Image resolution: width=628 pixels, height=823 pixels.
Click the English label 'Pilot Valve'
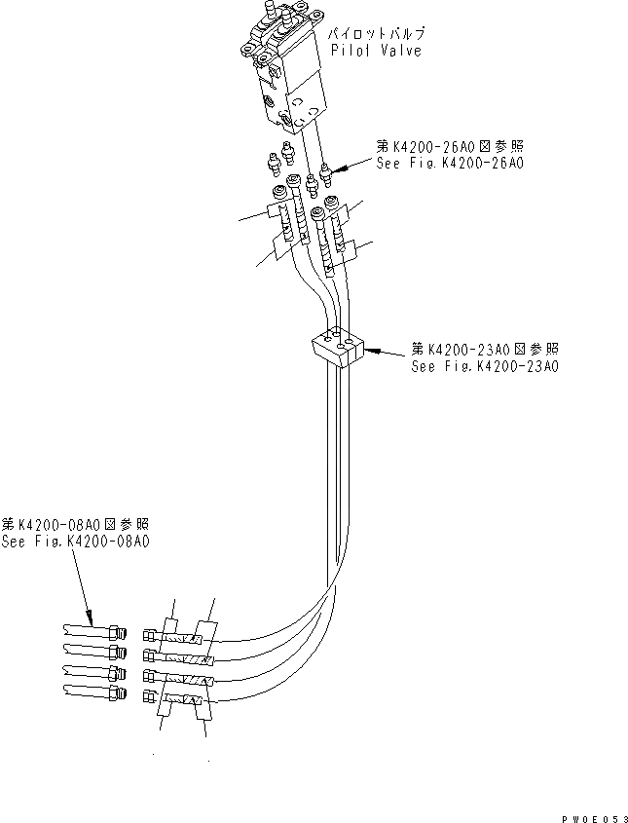point(376,51)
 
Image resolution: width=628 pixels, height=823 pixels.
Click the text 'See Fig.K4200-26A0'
point(449,164)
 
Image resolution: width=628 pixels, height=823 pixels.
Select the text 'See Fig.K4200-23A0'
point(484,366)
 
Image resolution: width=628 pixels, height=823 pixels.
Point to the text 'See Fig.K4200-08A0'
point(75,542)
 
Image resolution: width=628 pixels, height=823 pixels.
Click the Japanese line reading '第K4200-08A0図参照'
point(75,524)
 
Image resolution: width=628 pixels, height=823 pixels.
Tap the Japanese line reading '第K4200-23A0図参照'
point(484,349)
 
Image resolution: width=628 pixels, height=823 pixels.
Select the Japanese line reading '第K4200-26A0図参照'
point(449,146)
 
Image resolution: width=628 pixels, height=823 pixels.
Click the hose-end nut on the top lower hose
point(149,634)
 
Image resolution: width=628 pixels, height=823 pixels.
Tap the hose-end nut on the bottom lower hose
point(149,695)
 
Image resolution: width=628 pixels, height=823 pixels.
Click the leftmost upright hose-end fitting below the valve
point(279,195)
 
